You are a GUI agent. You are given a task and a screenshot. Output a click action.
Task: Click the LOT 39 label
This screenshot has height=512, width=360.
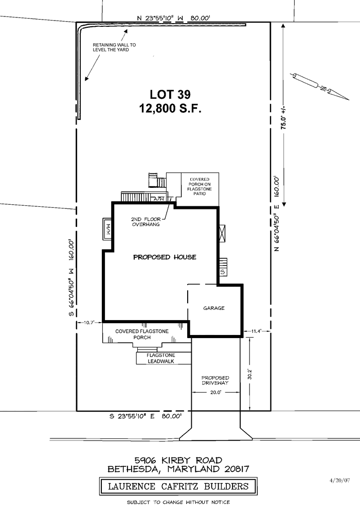(170, 94)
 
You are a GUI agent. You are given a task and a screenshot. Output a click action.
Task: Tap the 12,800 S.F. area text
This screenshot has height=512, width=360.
(170, 108)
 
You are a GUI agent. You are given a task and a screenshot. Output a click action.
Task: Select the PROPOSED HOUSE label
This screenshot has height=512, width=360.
(165, 257)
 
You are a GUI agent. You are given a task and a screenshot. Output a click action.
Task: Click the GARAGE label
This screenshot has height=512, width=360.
(214, 308)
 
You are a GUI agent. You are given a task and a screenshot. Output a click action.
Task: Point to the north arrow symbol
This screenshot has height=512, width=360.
(320, 85)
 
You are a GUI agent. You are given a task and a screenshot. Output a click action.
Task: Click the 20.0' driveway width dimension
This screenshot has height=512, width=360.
(215, 393)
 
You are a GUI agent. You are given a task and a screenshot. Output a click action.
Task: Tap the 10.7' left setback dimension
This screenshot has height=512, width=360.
(89, 323)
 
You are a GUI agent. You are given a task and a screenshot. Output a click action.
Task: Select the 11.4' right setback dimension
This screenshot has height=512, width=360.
(256, 331)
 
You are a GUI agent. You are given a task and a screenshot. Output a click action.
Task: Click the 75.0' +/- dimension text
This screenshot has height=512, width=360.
(283, 117)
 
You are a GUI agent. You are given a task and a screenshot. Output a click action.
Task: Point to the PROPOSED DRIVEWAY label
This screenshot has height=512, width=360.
(215, 380)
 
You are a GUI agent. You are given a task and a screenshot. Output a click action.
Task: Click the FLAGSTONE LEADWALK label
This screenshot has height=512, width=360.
(161, 358)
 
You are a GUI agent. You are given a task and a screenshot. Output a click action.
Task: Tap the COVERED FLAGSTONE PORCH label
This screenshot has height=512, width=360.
(142, 334)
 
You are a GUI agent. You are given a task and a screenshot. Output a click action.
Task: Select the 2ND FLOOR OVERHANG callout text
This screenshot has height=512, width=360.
(146, 222)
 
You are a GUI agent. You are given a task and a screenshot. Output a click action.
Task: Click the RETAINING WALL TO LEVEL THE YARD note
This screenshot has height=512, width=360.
(114, 47)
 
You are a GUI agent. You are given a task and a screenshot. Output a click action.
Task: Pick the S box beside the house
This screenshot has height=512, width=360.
(223, 272)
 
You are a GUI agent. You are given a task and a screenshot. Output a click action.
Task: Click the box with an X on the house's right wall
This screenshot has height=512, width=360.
(222, 234)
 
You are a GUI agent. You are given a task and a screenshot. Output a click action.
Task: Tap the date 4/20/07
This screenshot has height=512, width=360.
(340, 480)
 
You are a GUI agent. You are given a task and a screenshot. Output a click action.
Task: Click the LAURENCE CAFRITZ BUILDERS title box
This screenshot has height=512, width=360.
(178, 487)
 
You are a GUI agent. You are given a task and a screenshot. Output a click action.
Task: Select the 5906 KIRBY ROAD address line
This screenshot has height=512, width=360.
(178, 461)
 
